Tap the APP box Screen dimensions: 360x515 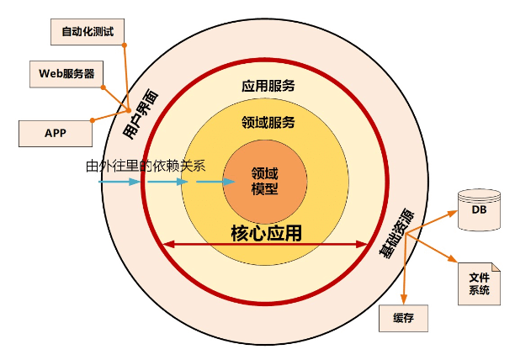point(55,132)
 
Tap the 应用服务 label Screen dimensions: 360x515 point(268,85)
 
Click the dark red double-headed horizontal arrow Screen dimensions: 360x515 point(265,245)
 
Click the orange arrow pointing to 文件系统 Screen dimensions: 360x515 point(443,253)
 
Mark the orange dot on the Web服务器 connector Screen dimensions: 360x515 point(103,86)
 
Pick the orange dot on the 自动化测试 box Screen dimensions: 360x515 point(124,45)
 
